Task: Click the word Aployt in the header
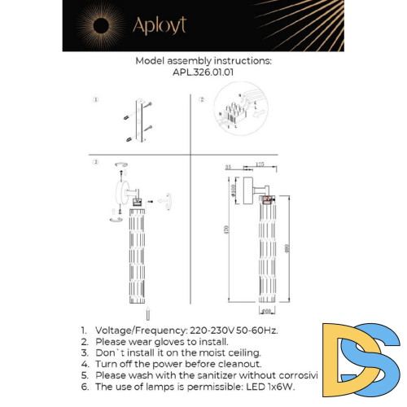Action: pos(160,26)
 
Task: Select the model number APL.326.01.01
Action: pos(203,72)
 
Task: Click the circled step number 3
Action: pos(95,163)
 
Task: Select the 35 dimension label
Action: pos(230,166)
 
